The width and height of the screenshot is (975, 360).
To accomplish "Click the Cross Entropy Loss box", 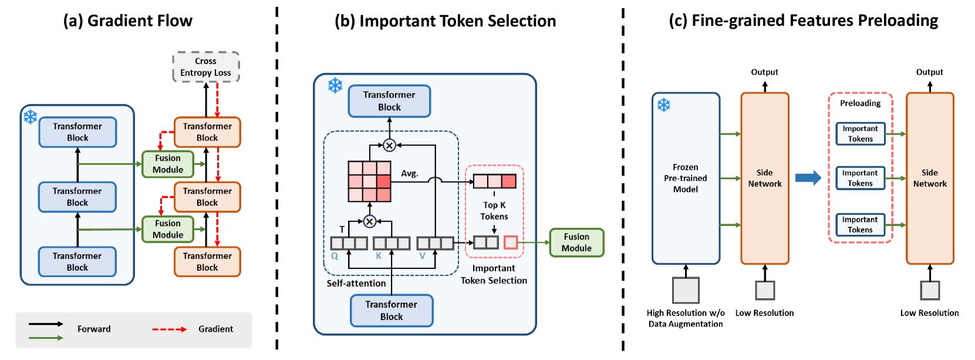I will tap(205, 67).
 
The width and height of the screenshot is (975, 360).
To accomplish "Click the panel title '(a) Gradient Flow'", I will tap(127, 21).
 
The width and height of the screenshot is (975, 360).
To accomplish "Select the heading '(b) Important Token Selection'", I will tap(445, 21).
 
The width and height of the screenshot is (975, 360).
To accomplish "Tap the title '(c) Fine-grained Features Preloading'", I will tap(803, 21).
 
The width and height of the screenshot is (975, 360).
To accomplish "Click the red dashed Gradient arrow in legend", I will tap(170, 329).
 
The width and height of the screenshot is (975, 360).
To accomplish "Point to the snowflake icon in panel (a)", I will tap(31, 116).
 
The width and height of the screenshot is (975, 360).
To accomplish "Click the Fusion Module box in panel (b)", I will tap(576, 243).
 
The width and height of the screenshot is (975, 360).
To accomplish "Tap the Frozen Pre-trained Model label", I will tap(685, 178).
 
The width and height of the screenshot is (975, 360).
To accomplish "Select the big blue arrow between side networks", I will tap(808, 177).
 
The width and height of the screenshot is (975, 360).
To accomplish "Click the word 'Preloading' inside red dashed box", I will tap(860, 103).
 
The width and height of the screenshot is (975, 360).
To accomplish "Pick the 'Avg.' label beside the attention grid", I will tap(409, 174).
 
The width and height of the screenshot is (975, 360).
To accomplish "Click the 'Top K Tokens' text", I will tap(494, 211).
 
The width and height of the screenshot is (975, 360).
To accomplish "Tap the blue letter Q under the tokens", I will tap(335, 256).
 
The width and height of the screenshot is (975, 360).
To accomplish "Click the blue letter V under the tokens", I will tap(422, 256).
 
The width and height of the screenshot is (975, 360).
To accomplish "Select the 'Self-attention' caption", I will tap(356, 284).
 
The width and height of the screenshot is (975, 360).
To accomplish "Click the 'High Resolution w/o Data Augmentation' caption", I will tap(685, 318).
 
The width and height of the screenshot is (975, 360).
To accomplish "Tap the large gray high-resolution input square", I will tap(685, 290).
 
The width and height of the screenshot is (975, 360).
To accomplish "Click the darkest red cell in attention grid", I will tap(383, 181).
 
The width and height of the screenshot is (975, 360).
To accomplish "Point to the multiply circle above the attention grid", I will tap(389, 145).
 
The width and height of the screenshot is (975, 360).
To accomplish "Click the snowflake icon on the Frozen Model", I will tap(663, 105).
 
